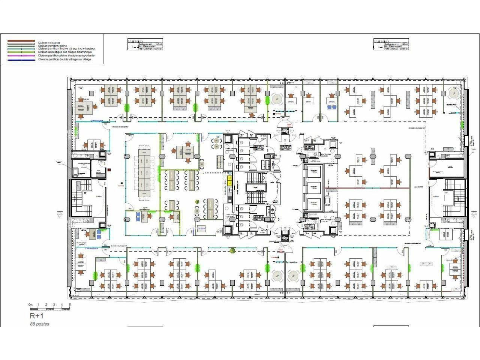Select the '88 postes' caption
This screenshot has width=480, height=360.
[x=39, y=324]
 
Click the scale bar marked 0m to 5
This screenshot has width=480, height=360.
[x=49, y=307]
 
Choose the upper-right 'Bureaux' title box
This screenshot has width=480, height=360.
[x=391, y=44]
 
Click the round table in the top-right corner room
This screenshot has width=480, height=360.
[x=454, y=94]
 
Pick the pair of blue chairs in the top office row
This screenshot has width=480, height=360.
[x=331, y=107]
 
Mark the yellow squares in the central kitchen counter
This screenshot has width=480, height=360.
[x=229, y=181]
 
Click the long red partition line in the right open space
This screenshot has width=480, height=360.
[x=371, y=187]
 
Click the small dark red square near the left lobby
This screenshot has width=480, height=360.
[x=109, y=170]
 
